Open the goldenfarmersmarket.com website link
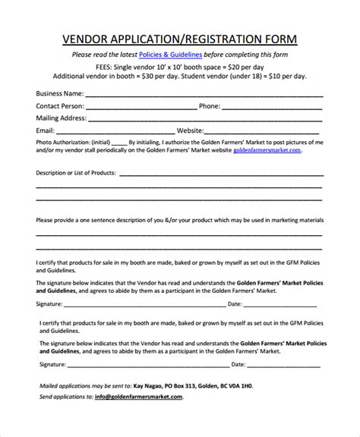click(x=267, y=150)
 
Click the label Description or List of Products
click(x=76, y=173)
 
